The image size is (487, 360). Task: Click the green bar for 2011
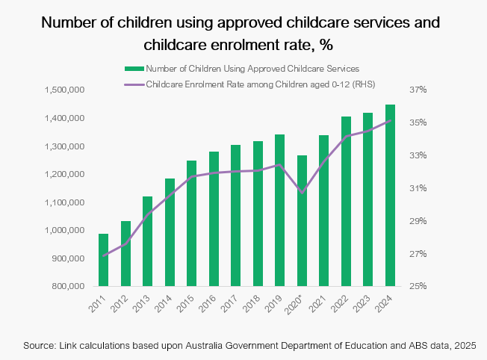103,260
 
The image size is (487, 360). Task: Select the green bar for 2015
191,223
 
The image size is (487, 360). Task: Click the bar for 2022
347,201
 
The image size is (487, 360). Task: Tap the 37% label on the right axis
417,90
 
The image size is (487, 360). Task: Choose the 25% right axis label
417,286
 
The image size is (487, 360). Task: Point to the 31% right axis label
417,188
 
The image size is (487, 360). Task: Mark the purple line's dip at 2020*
302,193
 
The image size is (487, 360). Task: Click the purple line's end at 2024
391,120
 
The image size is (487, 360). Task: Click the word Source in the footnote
41,346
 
